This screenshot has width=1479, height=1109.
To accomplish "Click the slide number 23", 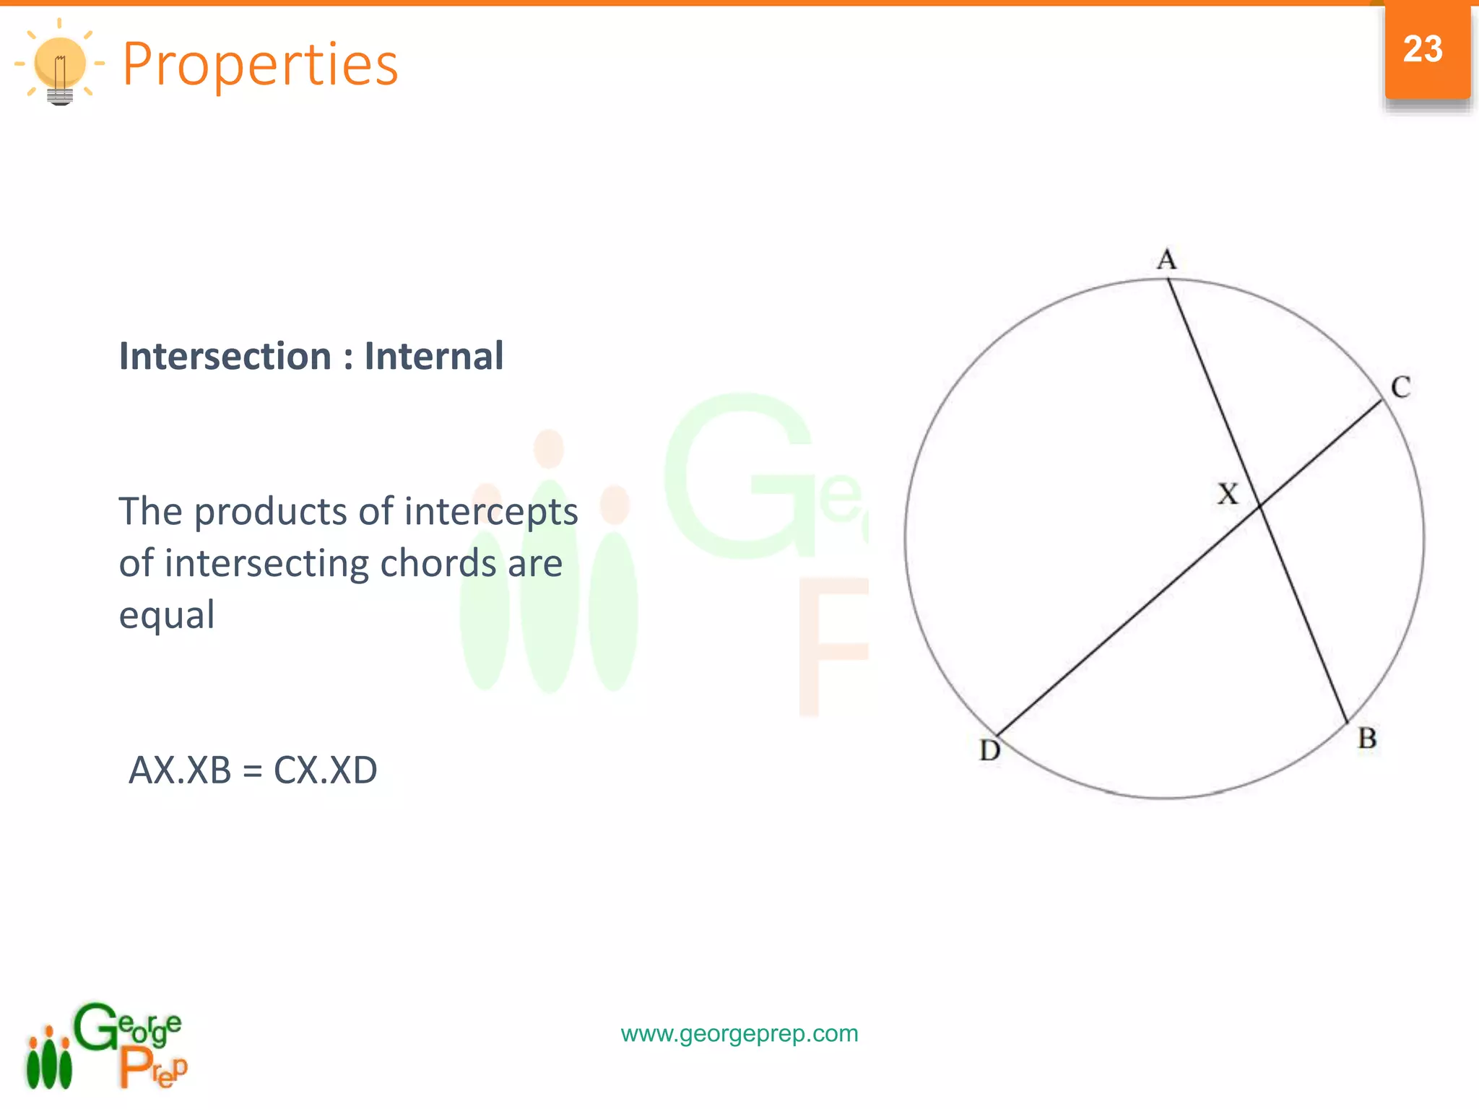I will pos(1422,49).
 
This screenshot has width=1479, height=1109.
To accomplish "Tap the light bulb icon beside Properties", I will pos(60,65).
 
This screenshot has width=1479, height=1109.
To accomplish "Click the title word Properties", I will pos(260,64).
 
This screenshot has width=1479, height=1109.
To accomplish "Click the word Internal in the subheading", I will pos(433,356).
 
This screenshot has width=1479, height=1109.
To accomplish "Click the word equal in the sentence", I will pos(167,615).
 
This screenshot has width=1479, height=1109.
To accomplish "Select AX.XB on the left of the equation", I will pos(180,770).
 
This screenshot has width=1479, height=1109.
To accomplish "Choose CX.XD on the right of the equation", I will pos(325,770).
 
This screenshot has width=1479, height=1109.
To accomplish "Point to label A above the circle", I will pos(1166,259).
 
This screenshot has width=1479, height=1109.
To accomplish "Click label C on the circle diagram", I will pos(1400,388).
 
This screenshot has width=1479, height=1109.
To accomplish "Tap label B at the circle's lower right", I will pos(1367,739).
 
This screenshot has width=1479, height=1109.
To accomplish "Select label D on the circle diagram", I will pos(990,751).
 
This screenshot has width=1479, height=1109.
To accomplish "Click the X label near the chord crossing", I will pos(1228,495).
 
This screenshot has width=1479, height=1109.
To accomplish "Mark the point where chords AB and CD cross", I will pos(1260,506).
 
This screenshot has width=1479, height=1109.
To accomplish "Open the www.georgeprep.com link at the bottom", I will pos(739,1034).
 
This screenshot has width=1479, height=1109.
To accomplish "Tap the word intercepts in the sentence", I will pos(491,512).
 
